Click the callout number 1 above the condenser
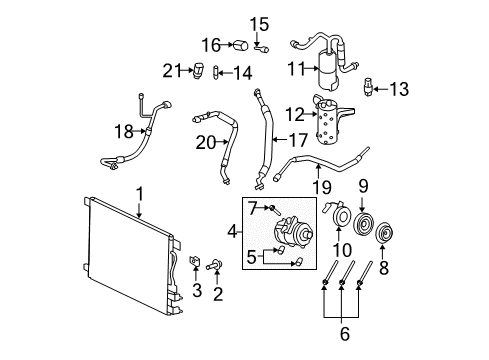tap(140, 194)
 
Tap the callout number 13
tap(399, 89)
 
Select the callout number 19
tap(322, 188)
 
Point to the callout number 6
tap(345, 334)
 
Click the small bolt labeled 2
tap(214, 266)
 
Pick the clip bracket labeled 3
tap(195, 260)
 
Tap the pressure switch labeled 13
tap(368, 87)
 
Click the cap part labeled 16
tap(240, 46)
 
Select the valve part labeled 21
tap(197, 70)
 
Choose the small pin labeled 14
tap(215, 72)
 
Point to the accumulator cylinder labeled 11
tap(330, 69)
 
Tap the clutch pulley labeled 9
tap(364, 222)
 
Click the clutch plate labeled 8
tap(385, 233)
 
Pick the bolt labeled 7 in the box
tap(275, 210)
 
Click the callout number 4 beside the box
tap(233, 231)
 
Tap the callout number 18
tap(124, 131)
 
